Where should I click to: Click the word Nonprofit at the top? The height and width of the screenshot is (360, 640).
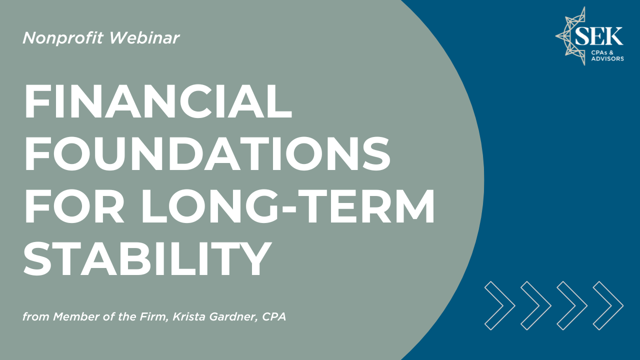click(62, 38)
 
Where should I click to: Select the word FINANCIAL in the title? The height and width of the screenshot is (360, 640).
click(158, 101)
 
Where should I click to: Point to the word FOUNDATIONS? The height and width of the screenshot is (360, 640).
click(207, 154)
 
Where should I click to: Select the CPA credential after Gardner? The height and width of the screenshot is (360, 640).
click(274, 316)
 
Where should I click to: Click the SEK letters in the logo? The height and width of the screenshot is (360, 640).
click(599, 36)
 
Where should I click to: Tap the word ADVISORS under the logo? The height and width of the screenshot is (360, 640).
click(607, 59)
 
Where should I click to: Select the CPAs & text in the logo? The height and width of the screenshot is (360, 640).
click(602, 52)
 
